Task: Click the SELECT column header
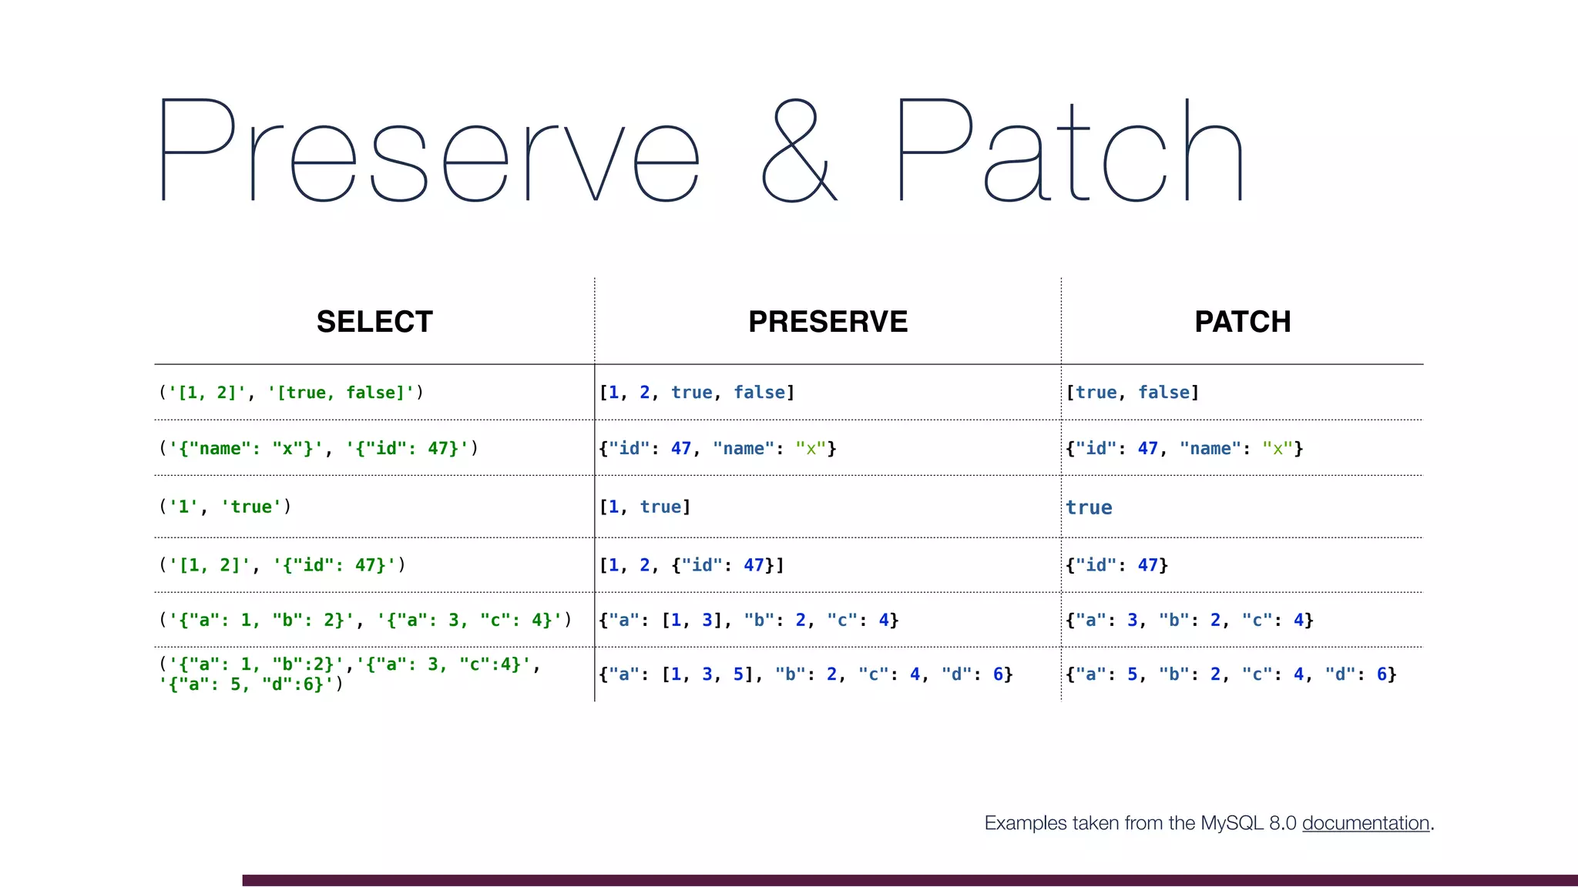(374, 322)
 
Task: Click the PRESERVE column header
(828, 322)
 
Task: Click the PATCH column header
(1242, 322)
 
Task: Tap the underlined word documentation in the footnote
(1365, 823)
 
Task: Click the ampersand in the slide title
(799, 152)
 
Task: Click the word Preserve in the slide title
(430, 152)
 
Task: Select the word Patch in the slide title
(1071, 152)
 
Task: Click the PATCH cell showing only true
(1089, 507)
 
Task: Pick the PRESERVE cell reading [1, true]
(645, 507)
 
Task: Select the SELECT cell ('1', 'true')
(225, 507)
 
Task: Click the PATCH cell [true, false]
(1132, 393)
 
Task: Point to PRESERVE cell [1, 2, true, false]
(697, 393)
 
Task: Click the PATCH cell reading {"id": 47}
(1116, 565)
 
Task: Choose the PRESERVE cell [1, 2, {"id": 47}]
(691, 565)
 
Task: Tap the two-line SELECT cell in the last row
(350, 674)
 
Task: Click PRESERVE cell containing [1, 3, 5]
(805, 674)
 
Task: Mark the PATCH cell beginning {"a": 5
(1231, 674)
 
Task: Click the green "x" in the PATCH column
(1277, 449)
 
